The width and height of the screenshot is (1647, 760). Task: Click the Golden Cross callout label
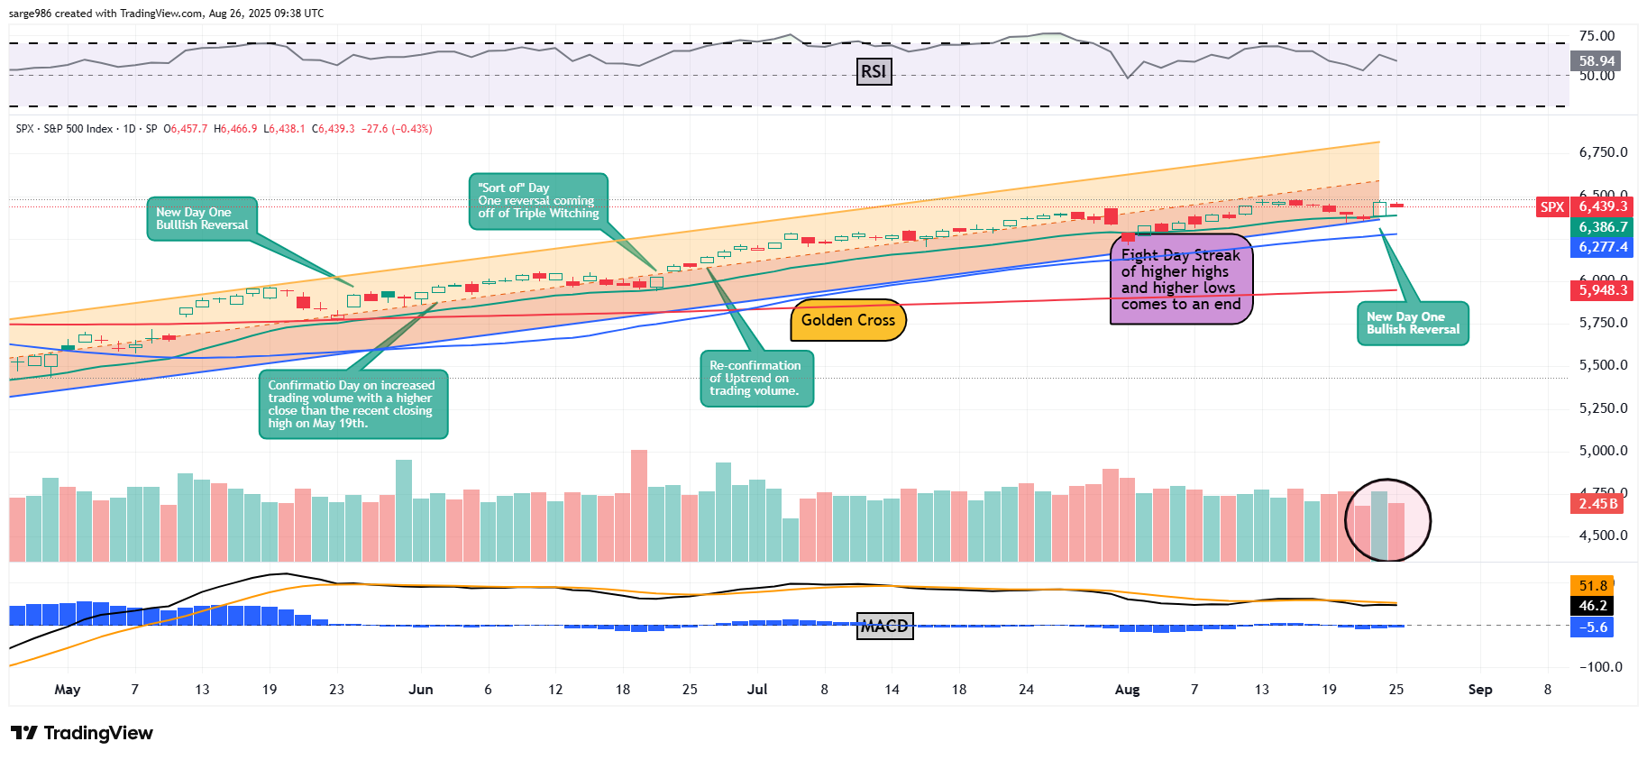coord(847,320)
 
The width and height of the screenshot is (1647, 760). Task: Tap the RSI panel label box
coord(873,72)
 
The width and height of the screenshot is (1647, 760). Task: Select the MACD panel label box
coord(884,626)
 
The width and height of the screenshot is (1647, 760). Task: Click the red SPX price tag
coord(1552,206)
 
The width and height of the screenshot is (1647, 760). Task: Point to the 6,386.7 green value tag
coord(1603,227)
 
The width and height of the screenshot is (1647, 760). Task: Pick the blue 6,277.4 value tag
coord(1603,247)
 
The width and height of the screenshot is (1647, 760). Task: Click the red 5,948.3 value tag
coord(1603,290)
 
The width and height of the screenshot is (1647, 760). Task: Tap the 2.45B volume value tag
coord(1597,504)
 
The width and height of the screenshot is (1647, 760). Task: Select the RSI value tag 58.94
coord(1597,61)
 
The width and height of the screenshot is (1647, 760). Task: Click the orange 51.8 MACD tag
coord(1593,586)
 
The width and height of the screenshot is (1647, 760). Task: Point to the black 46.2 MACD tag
coord(1593,606)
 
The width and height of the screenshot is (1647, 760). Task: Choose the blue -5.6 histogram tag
coord(1593,627)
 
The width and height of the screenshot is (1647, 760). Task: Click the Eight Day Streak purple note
coord(1181,279)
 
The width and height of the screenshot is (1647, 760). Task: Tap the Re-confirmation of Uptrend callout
coord(756,379)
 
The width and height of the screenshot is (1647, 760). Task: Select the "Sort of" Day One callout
coord(538,201)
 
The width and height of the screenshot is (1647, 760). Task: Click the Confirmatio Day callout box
coord(352,404)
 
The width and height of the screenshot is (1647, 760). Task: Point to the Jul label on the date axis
coord(757,690)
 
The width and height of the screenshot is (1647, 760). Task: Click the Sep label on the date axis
coord(1479,690)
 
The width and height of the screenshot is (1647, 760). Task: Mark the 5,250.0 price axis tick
coord(1603,408)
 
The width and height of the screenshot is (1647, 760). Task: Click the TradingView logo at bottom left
coord(82,733)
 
